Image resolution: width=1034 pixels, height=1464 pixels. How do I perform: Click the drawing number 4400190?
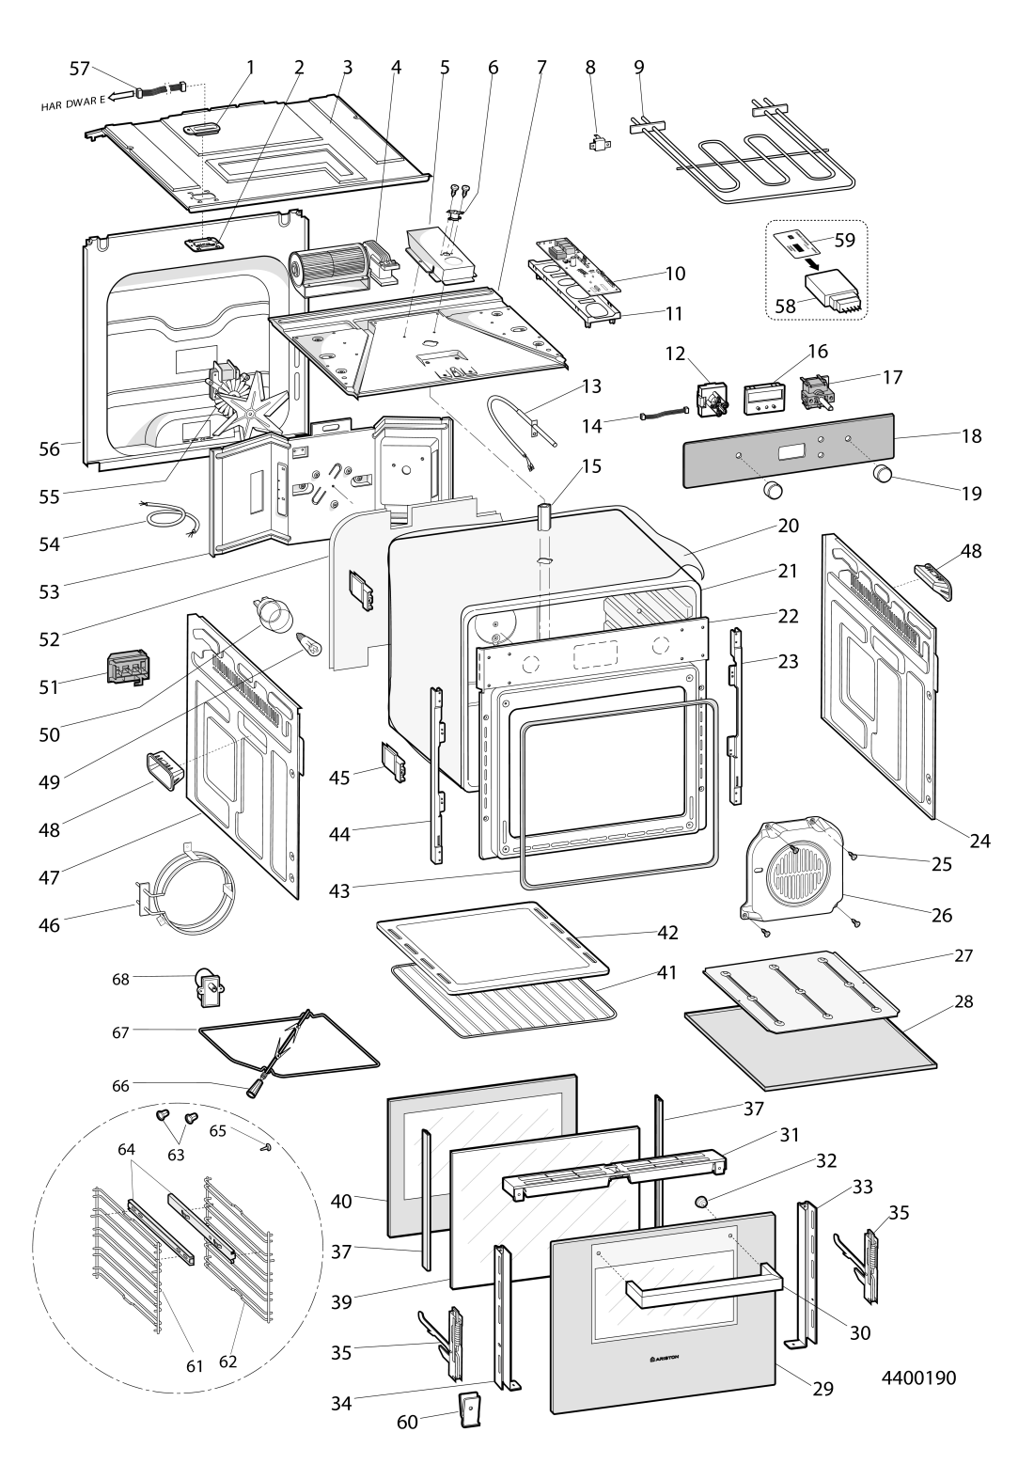[x=918, y=1378]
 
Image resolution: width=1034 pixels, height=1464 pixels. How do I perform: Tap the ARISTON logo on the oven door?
[x=666, y=1358]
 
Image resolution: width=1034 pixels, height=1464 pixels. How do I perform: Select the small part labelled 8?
[x=593, y=145]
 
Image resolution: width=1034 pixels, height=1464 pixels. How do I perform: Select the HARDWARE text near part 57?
[x=73, y=102]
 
